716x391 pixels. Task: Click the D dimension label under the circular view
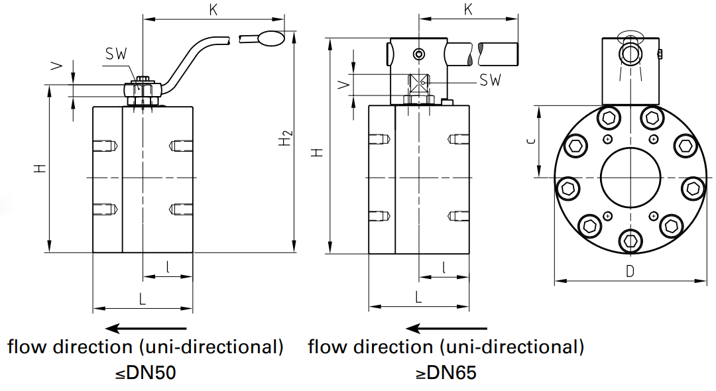coord(630,270)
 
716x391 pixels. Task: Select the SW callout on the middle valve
coord(490,80)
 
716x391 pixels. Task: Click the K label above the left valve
coord(213,10)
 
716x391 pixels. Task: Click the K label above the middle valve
coord(468,10)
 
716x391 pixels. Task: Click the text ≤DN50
coord(145,373)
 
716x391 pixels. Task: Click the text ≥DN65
coord(446,373)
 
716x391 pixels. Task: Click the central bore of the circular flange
coord(630,177)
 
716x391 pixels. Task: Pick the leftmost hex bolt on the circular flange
coord(567,189)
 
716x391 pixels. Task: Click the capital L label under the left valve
coord(142,299)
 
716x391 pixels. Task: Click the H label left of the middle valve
coord(319,152)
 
